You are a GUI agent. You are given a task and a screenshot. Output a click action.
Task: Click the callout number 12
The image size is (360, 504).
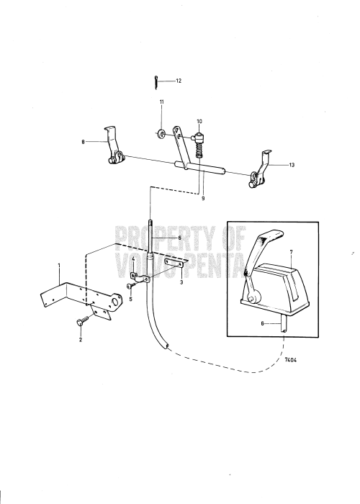coord(179,81)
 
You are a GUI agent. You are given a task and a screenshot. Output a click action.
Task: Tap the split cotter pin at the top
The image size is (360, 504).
coord(156,82)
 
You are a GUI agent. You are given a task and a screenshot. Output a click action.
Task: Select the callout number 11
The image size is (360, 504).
coord(162,102)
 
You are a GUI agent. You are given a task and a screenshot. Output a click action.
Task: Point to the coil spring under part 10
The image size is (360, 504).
coord(199,150)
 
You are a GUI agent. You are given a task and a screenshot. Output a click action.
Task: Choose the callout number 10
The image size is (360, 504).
coord(199,122)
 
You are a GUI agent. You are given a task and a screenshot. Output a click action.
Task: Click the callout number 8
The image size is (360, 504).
coord(83,141)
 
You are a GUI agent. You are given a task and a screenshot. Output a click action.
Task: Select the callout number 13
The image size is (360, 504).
coord(292,165)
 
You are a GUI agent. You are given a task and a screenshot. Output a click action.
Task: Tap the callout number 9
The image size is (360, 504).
coord(203,199)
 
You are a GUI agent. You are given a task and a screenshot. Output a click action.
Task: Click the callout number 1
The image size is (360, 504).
coord(59,265)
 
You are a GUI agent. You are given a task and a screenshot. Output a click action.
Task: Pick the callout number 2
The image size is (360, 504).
coord(81,339)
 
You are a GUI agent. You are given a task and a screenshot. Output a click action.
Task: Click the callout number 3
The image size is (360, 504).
coord(181,282)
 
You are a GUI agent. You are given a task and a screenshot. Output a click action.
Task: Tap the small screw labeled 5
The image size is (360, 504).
coord(130,286)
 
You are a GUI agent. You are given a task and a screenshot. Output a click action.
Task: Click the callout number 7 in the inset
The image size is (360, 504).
coord(291,252)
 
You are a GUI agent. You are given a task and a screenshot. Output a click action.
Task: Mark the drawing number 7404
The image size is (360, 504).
coord(291,360)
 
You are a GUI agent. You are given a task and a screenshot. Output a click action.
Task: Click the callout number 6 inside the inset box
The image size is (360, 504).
coord(262,323)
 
